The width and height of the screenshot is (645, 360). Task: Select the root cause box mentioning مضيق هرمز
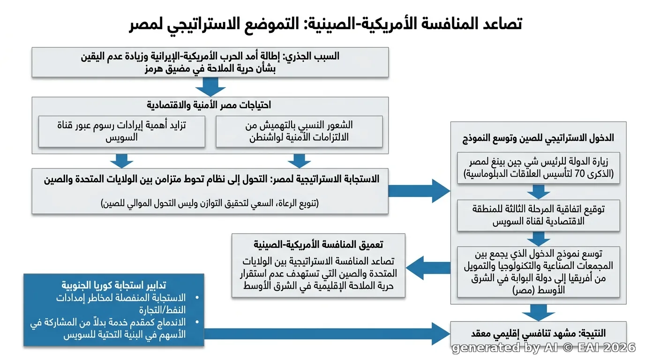pyautogui.click(x=210, y=62)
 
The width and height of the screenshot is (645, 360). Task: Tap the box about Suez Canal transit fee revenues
pyautogui.click(x=122, y=131)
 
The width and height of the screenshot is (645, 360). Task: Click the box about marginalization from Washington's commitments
pyautogui.click(x=299, y=131)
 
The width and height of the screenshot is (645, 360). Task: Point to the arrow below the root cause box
pyautogui.click(x=210, y=87)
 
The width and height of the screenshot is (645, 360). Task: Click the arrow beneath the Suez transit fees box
pyautogui.click(x=122, y=161)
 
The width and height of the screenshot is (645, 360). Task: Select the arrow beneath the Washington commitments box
pyautogui.click(x=299, y=161)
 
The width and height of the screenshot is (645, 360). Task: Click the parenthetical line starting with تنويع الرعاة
pyautogui.click(x=210, y=203)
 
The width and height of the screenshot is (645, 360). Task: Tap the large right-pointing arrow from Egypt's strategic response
pyautogui.click(x=419, y=191)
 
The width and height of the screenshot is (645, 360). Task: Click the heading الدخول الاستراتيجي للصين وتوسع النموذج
pyautogui.click(x=538, y=138)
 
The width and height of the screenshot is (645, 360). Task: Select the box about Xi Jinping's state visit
pyautogui.click(x=539, y=168)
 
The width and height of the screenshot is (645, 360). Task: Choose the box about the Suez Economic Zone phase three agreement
pyautogui.click(x=539, y=216)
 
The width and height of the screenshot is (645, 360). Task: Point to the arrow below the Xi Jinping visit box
pyautogui.click(x=539, y=192)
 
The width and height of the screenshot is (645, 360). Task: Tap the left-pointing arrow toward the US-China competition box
pyautogui.click(x=428, y=268)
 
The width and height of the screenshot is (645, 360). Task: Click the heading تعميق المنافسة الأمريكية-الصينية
pyautogui.click(x=318, y=245)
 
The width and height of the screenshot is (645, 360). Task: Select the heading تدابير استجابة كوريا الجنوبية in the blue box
pyautogui.click(x=114, y=285)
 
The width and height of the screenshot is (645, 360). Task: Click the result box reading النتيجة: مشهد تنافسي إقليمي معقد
pyautogui.click(x=539, y=333)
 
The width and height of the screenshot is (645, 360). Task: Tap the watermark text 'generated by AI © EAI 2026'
pyautogui.click(x=544, y=348)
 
